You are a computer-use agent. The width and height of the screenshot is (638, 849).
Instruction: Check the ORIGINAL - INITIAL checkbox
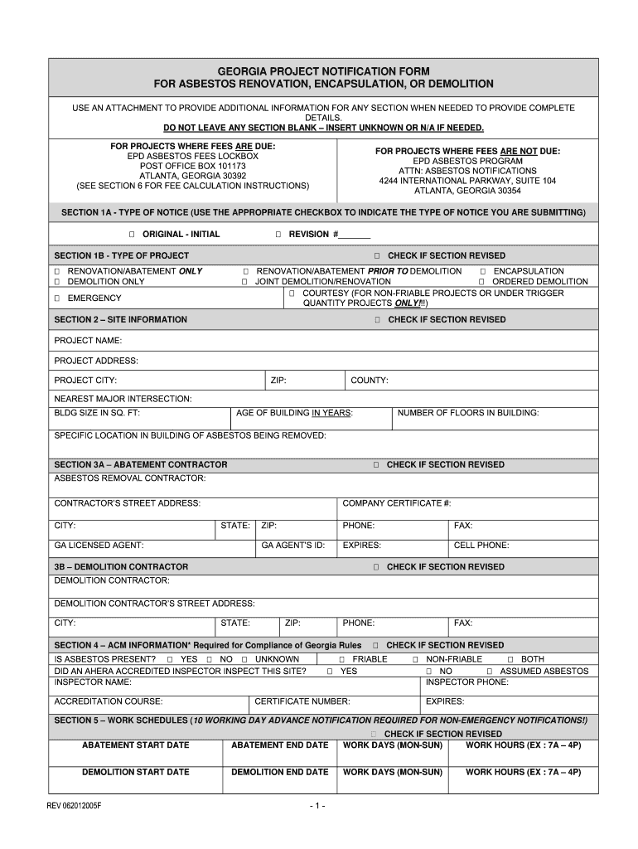click(x=131, y=235)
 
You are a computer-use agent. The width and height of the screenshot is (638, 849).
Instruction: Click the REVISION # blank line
click(x=355, y=235)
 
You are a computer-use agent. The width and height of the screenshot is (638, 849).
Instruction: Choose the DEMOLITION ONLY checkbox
click(x=57, y=282)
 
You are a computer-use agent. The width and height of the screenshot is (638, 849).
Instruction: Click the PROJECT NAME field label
click(x=88, y=341)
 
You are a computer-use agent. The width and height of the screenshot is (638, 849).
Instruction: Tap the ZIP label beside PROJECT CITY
click(x=278, y=381)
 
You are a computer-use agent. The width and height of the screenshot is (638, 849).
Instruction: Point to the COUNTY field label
click(x=369, y=381)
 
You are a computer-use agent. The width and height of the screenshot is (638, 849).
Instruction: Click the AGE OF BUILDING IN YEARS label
click(x=294, y=413)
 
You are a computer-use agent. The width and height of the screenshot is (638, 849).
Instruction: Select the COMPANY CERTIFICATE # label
click(x=396, y=503)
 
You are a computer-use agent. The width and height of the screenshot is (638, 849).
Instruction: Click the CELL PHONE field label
click(x=481, y=546)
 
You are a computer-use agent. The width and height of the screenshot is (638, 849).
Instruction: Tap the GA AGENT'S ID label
click(x=292, y=546)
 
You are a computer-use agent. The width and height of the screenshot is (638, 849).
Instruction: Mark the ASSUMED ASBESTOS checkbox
click(x=490, y=672)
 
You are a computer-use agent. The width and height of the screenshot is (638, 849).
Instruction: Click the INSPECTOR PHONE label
click(x=466, y=682)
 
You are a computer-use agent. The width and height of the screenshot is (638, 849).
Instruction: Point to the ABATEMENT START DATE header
click(x=135, y=745)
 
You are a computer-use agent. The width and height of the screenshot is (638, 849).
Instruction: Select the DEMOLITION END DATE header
click(x=279, y=772)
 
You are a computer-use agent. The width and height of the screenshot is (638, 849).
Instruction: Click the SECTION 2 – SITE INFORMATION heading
click(x=120, y=320)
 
